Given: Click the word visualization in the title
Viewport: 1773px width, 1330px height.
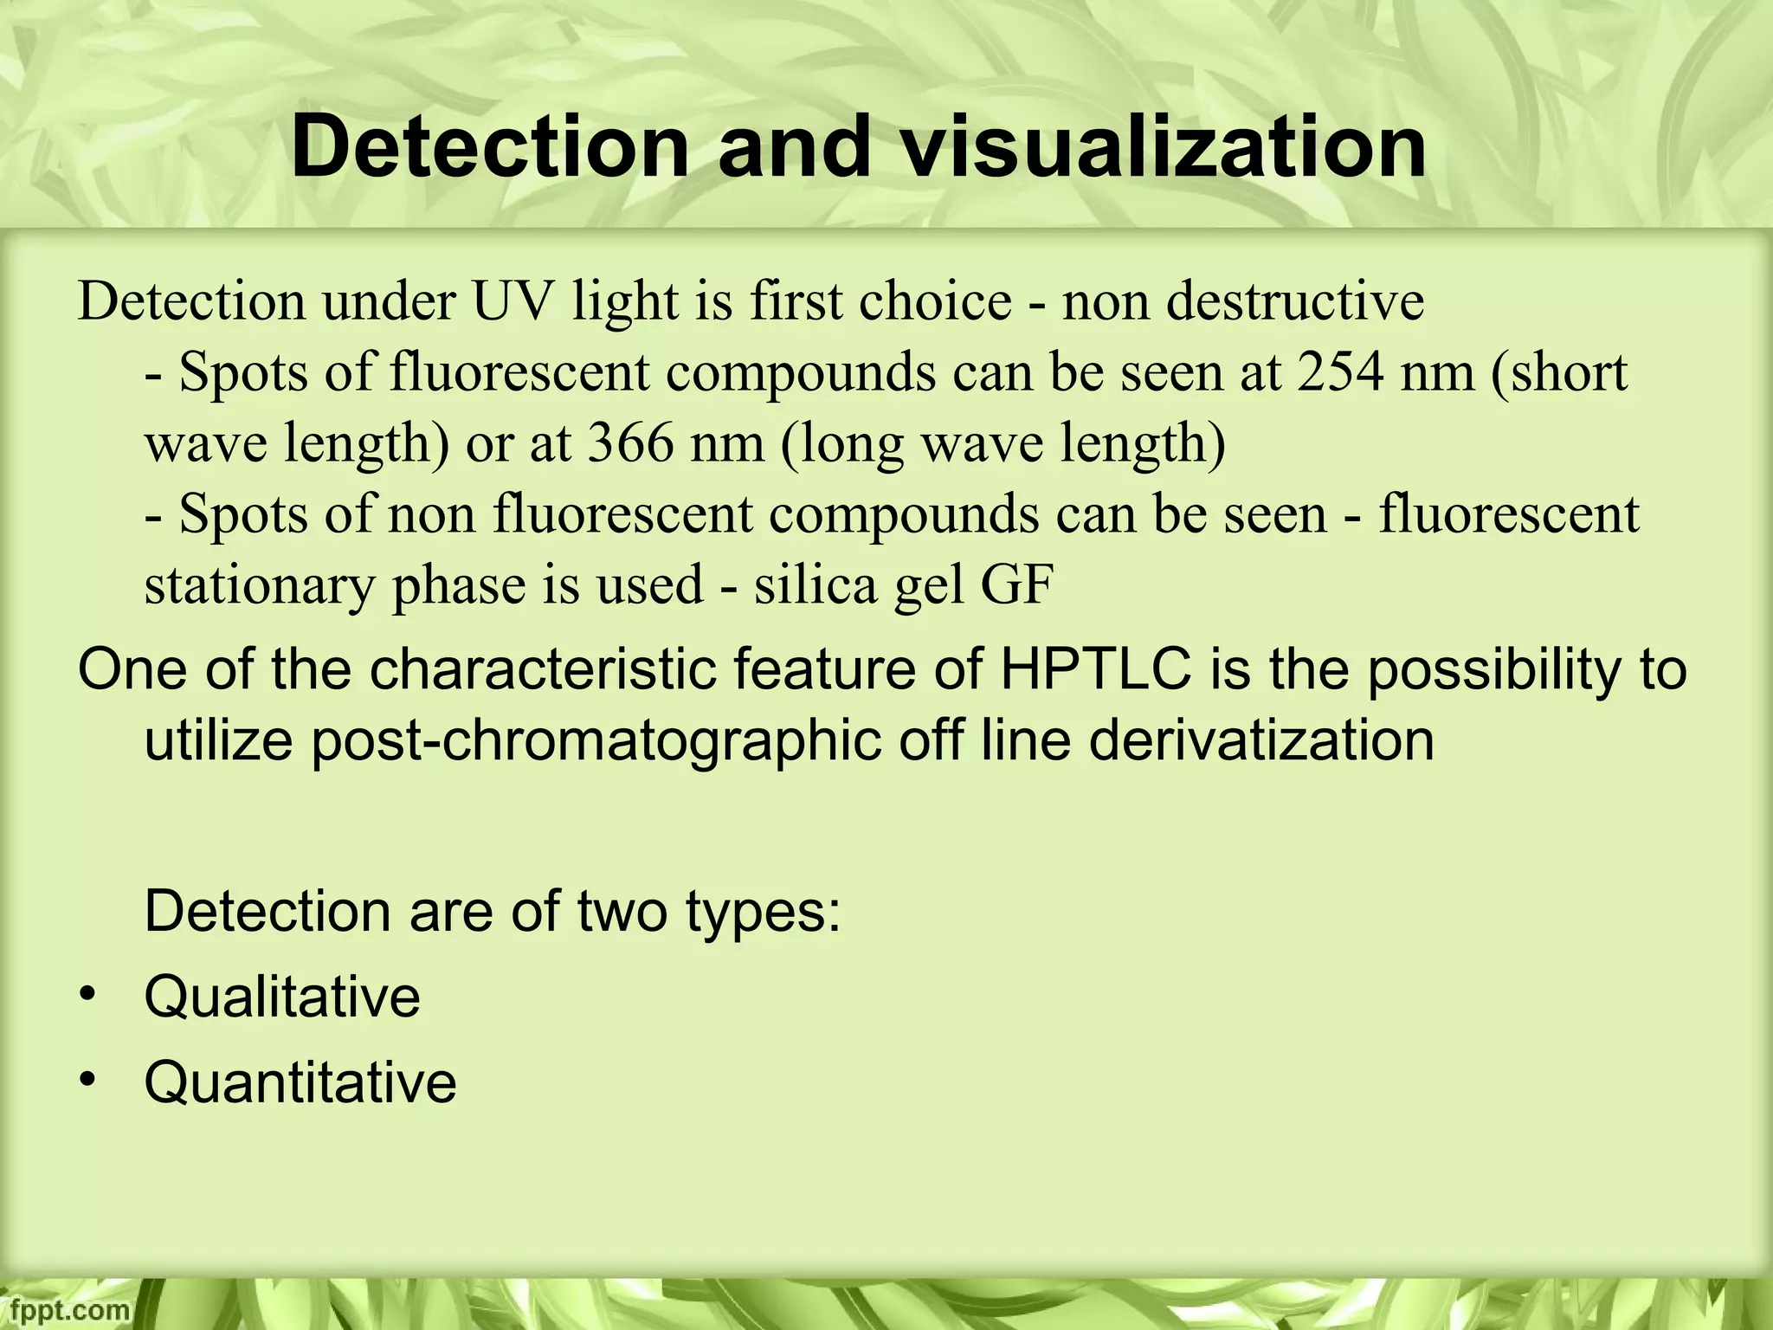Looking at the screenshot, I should click(x=1163, y=149).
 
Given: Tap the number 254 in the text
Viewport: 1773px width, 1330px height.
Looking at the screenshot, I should click(x=1341, y=372).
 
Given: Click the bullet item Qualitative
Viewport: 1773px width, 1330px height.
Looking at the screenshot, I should click(x=282, y=997).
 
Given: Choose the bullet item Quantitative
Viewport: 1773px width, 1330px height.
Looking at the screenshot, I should click(x=300, y=1082).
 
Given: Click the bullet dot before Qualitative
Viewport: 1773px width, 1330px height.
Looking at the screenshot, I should click(x=86, y=996).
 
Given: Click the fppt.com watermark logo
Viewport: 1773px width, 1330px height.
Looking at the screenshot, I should click(x=65, y=1310).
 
